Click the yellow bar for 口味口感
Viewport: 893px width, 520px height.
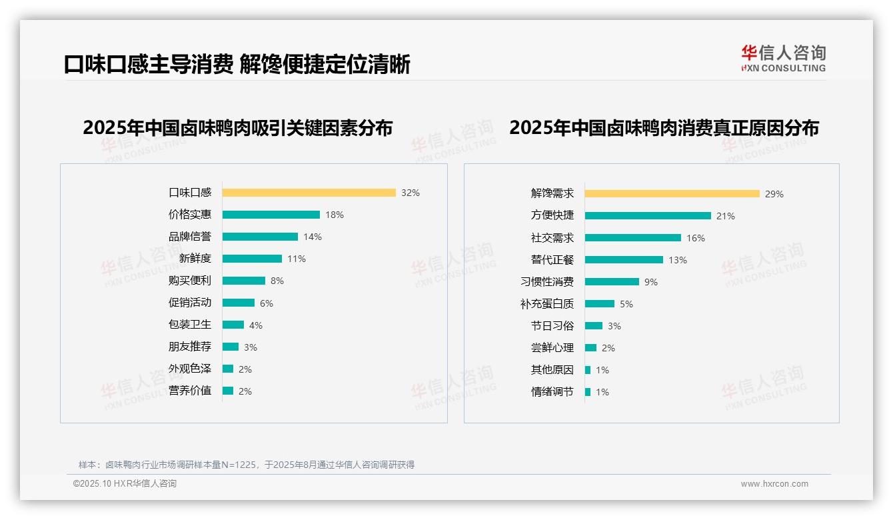309,193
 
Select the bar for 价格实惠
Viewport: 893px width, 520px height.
271,215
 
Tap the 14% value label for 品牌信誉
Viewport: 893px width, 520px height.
312,237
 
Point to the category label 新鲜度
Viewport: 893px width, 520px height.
195,258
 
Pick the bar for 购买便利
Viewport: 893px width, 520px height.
243,281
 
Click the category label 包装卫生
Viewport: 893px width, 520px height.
189,324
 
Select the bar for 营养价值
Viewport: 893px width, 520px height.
228,391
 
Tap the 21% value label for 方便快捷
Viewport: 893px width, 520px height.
725,216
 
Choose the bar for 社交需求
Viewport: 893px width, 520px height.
632,238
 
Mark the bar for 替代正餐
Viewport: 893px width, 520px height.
624,260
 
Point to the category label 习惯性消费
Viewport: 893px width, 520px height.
546,281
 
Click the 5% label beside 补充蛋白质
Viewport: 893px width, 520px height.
626,304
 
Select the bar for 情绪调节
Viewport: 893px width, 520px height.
588,392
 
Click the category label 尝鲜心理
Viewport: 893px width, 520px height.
552,347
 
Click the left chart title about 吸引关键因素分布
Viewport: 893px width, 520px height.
237,127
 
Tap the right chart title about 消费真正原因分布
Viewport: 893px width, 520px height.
664,127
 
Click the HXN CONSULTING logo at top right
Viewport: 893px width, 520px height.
783,59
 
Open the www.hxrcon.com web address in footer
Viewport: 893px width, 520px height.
774,484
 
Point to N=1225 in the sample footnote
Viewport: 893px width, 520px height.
234,465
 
